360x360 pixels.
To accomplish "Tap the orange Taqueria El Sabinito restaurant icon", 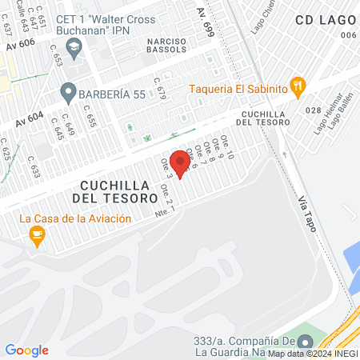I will pos(298,86).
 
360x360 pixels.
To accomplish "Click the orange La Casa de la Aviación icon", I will pos(36,235).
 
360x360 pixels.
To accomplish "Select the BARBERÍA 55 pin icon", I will pos(67,93).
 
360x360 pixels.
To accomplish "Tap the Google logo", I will pos(26,350).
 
